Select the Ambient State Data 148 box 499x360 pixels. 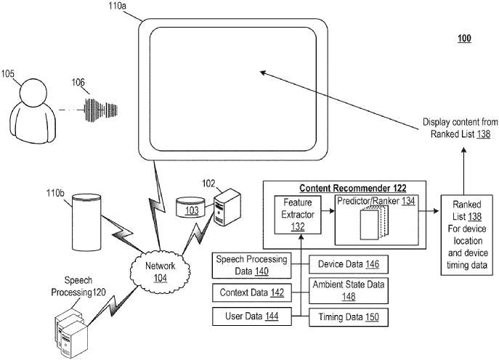[344, 290]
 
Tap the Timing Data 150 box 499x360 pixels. [344, 316]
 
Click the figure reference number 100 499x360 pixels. [463, 38]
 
